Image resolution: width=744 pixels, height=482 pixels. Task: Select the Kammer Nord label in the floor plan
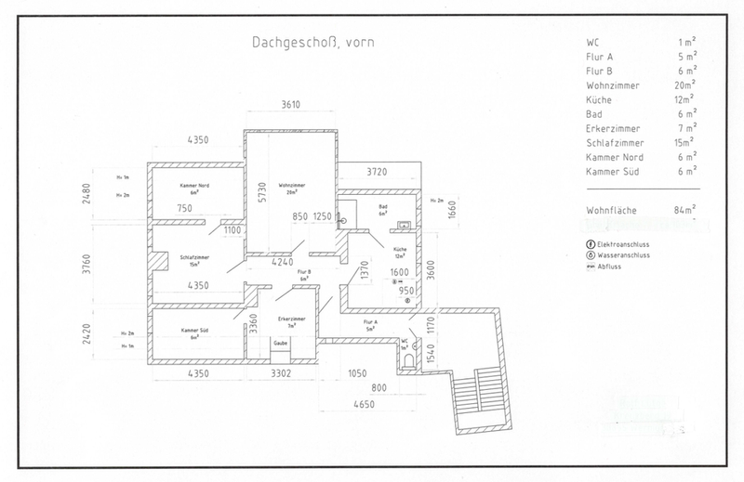194,189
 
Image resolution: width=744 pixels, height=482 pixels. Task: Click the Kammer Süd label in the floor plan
194,333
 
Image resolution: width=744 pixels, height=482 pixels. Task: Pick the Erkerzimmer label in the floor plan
292,321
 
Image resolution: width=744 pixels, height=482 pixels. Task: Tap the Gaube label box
279,344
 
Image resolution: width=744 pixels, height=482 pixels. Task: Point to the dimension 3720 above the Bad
376,172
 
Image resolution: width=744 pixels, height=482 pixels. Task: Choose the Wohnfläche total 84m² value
685,211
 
